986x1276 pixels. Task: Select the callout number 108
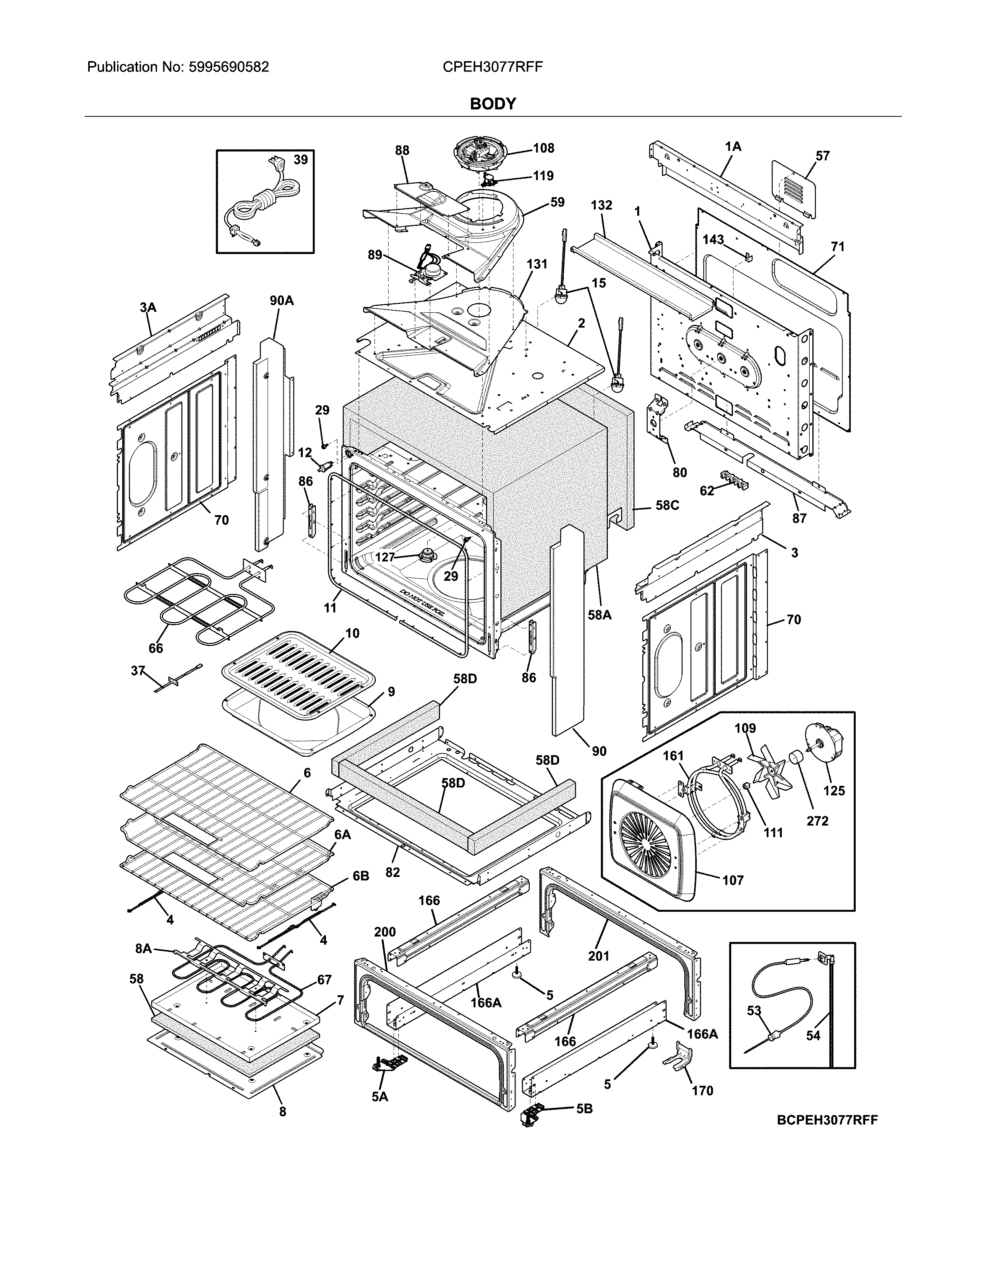(x=543, y=148)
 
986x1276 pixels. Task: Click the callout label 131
(x=536, y=264)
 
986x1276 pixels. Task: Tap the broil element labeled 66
(x=193, y=602)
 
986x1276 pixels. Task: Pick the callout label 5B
(x=584, y=1108)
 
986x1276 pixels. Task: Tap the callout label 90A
(x=281, y=301)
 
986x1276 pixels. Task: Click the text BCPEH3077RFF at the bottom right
(x=827, y=1120)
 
